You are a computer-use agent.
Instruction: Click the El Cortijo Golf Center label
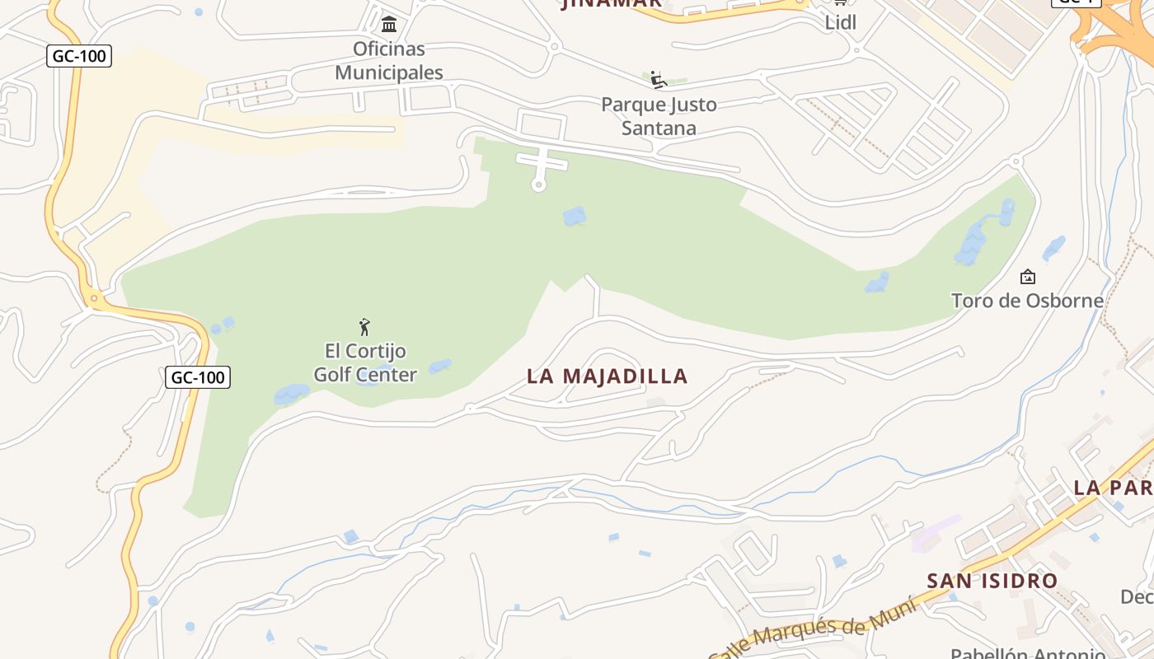pos(365,363)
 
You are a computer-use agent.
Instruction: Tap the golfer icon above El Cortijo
pos(364,327)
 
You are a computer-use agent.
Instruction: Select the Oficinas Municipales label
pos(389,61)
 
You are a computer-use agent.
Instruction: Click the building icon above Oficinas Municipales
pos(389,24)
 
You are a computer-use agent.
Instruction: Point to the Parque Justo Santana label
pos(659,116)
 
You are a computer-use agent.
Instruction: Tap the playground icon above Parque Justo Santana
pos(657,80)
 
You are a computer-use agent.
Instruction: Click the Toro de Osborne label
pos(1027,301)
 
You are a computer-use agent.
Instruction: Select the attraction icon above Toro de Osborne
pos(1027,277)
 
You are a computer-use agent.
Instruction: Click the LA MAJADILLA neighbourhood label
pos(607,376)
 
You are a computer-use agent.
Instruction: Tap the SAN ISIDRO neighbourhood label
pos(992,581)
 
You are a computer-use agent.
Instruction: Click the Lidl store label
pos(841,22)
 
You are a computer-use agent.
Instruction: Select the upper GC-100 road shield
pos(79,57)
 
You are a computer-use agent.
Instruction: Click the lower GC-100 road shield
pos(198,378)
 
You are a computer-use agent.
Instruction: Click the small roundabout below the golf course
pos(469,408)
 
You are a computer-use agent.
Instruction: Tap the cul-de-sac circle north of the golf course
pos(539,185)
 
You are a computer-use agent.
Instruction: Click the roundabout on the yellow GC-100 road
pos(95,298)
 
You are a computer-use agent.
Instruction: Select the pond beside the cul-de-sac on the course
pos(575,217)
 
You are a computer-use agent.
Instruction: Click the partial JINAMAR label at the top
pos(611,3)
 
